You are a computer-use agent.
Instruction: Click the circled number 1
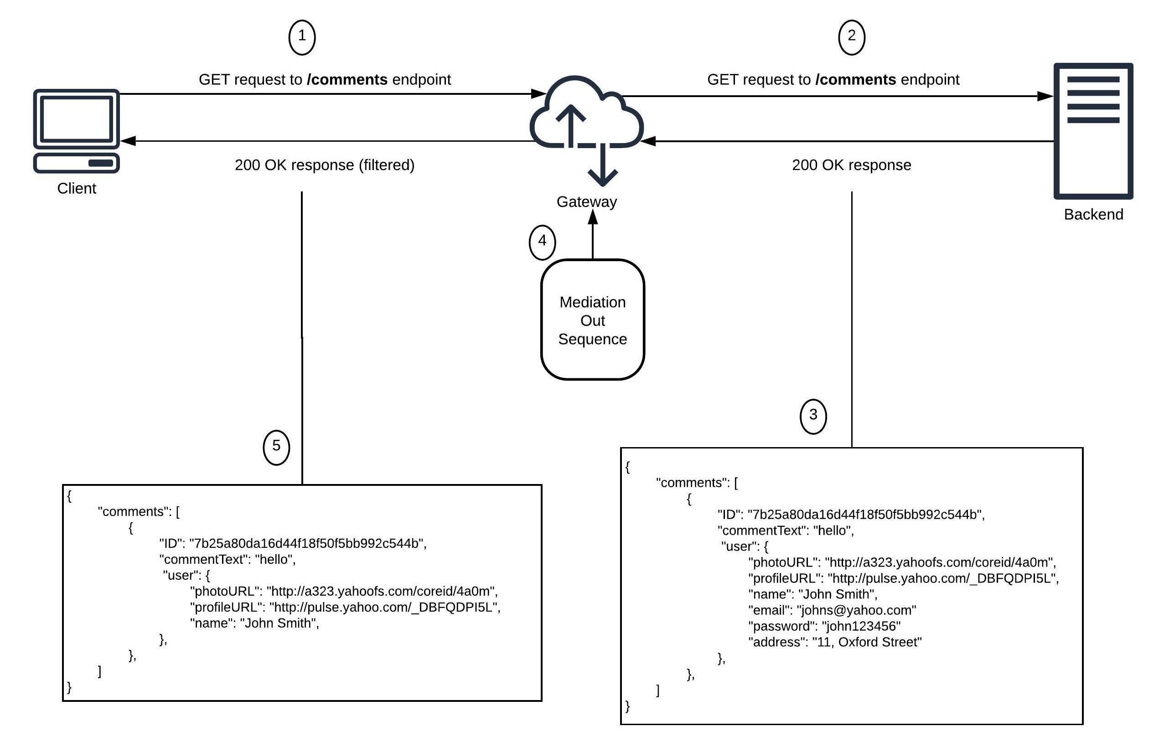301,37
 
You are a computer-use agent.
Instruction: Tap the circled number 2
851,37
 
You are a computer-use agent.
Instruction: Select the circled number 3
812,416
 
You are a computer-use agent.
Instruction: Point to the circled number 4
542,242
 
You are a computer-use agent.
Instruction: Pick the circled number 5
276,447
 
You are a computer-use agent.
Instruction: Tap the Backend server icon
1093,131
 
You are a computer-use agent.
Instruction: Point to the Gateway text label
586,201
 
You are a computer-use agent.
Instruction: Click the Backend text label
1093,214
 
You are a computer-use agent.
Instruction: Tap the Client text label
76,189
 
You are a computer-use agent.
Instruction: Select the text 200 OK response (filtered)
324,165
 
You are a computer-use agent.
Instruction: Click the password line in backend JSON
823,626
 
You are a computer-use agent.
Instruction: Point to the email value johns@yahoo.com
856,610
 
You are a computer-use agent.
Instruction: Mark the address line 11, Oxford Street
834,642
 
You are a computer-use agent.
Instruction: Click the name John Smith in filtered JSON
279,623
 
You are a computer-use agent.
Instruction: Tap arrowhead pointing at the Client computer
128,141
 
